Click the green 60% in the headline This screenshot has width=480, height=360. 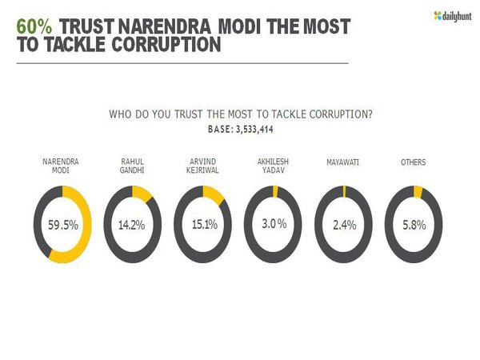[x=35, y=26]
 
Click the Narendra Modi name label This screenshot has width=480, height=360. [x=61, y=166]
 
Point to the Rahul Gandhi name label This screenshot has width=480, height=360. [x=132, y=166]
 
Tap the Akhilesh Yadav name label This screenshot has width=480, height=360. [x=273, y=166]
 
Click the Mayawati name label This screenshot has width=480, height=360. [x=343, y=162]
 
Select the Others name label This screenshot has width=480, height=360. [x=413, y=162]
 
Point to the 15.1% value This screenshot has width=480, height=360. [x=202, y=225]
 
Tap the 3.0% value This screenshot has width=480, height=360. [x=273, y=225]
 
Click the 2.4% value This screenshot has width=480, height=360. [x=343, y=225]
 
